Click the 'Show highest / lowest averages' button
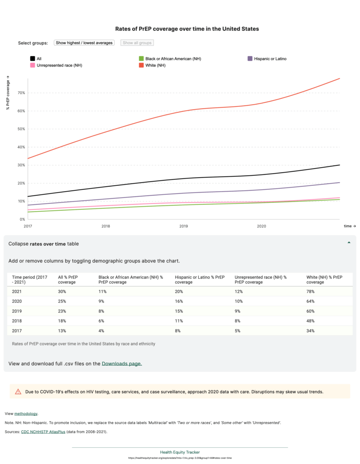(84, 43)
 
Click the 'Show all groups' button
(137, 43)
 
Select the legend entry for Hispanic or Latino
(270, 58)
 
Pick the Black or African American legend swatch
(141, 58)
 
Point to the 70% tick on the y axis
(21, 93)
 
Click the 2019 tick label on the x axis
(183, 226)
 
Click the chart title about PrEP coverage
(180, 29)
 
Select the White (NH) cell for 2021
(311, 291)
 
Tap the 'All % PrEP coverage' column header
(68, 279)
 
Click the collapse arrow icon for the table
(349, 243)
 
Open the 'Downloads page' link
(121, 363)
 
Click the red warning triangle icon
(18, 391)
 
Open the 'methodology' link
(26, 414)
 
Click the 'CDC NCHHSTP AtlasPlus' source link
(43, 432)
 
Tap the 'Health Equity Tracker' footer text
(180, 452)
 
